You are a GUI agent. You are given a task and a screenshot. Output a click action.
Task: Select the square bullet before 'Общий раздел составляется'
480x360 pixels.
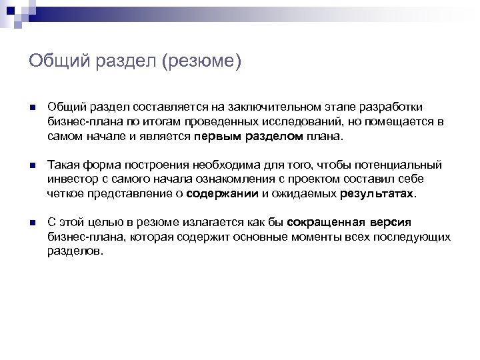pos(32,108)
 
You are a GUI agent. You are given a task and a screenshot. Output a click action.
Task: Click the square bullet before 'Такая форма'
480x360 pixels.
pos(32,165)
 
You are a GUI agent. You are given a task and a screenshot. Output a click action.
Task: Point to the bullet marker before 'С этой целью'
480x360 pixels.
pos(32,223)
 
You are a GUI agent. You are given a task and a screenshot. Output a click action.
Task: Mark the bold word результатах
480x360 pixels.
pos(377,193)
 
